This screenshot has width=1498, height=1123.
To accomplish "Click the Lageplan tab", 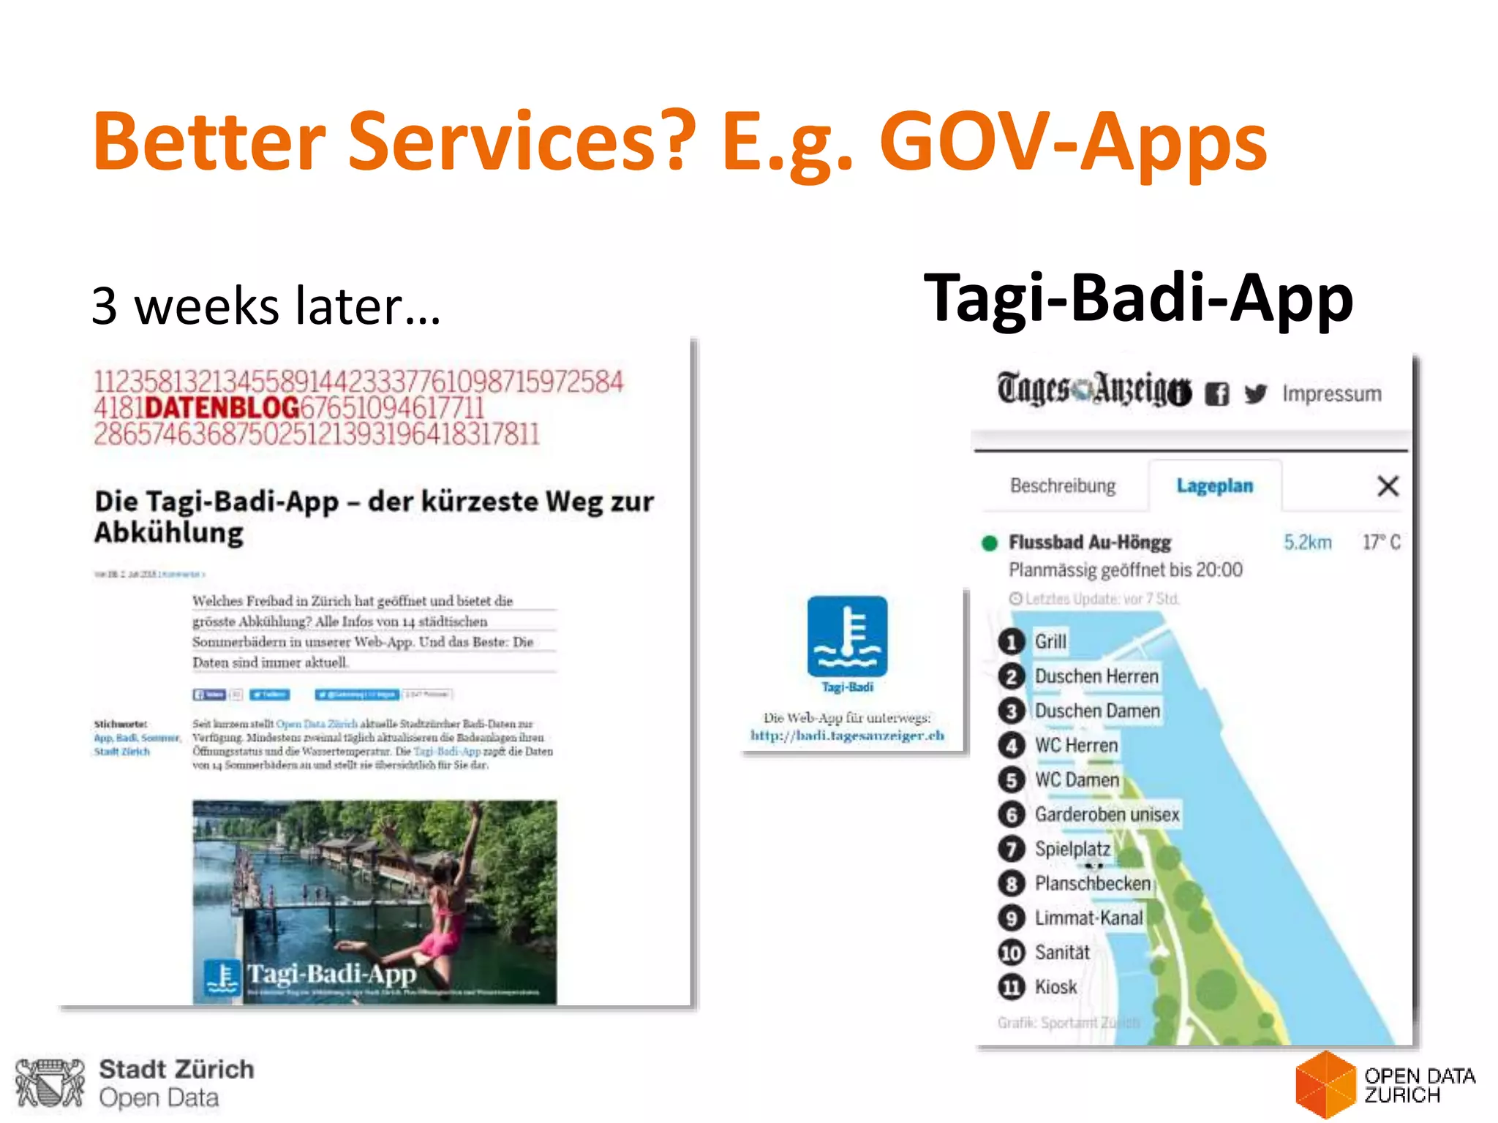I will tap(1214, 486).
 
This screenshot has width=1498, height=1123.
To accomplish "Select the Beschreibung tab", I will tap(1063, 486).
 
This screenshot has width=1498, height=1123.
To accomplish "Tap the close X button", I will tap(1388, 486).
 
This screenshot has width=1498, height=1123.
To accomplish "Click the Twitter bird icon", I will tap(1255, 394).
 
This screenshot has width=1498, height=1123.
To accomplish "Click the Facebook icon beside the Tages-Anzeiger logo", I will tap(1216, 394).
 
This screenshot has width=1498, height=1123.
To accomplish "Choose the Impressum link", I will tap(1331, 394).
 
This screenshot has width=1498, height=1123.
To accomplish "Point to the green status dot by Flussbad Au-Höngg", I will tap(990, 543).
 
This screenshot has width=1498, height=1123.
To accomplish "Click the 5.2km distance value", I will tap(1307, 542).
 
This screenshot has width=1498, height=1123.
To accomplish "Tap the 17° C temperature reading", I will tap(1381, 542).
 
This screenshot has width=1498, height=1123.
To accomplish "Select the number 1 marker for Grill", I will tap(1012, 642).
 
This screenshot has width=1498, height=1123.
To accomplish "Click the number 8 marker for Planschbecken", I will tap(1012, 884).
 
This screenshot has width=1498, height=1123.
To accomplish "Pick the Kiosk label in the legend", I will tap(1055, 987).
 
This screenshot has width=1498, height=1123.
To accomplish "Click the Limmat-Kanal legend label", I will tap(1088, 918).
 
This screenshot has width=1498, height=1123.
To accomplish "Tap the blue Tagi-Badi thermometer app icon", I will tap(847, 636).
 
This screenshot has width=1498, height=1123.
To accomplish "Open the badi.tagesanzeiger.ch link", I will tap(847, 736).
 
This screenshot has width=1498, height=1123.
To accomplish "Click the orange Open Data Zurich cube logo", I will tap(1325, 1085).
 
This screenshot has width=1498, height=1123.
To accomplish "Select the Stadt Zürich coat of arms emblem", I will tap(50, 1083).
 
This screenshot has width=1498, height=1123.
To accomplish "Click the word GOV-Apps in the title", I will tap(1073, 141).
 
